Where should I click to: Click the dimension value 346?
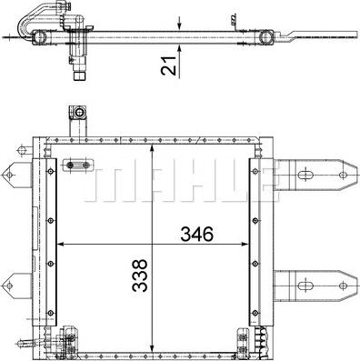[197, 234]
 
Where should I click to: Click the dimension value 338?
[140, 276]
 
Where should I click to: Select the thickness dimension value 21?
[169, 65]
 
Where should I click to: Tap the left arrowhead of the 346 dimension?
[60, 244]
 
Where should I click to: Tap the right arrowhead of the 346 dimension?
[245, 244]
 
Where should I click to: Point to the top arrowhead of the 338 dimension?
[153, 148]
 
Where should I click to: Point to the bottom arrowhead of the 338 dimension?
[153, 349]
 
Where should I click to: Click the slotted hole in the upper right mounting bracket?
[305, 175]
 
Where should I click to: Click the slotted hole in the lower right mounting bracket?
[305, 286]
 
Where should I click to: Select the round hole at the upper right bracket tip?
[343, 175]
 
